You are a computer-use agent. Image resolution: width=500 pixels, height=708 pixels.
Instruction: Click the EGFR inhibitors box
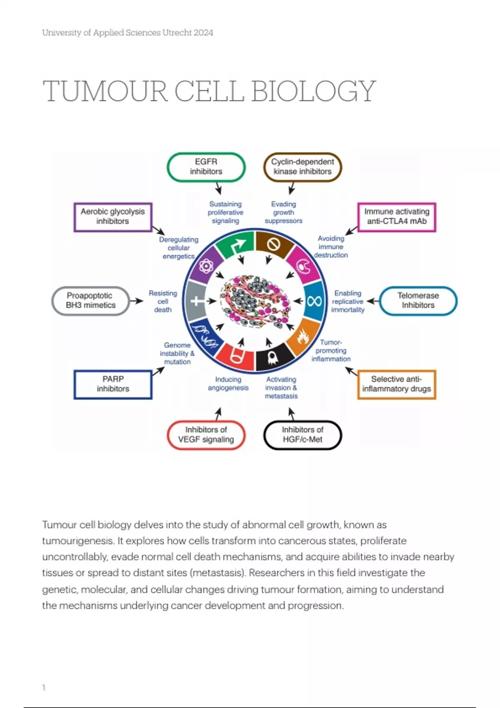tap(206, 167)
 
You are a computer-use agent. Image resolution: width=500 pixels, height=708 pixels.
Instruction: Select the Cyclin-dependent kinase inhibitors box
tap(302, 167)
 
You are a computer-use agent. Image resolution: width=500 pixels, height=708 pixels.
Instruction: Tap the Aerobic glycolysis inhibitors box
tap(112, 217)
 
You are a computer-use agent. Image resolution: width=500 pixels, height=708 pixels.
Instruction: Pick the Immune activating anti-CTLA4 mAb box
tap(397, 217)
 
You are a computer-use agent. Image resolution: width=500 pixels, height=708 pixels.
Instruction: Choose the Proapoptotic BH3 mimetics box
tap(90, 300)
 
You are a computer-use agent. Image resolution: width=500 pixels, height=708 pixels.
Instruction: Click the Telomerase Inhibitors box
tap(418, 300)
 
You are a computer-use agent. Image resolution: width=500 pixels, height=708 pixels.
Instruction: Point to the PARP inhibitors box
tap(113, 384)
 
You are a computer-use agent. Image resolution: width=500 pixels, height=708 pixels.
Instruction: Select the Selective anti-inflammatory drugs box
tap(397, 384)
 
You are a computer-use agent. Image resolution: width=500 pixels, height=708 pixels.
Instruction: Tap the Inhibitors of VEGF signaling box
tap(206, 435)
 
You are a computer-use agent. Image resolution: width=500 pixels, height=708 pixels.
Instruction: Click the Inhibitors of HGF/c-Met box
tap(302, 435)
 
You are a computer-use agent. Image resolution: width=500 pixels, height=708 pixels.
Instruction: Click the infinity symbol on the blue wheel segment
tap(314, 301)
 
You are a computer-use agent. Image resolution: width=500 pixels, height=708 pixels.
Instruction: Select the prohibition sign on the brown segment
tap(273, 244)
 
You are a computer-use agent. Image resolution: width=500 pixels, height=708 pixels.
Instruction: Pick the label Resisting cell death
tap(163, 302)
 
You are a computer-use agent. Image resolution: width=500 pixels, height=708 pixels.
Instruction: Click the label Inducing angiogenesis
tap(228, 384)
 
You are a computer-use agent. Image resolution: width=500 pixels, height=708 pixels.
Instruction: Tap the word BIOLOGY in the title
tap(314, 91)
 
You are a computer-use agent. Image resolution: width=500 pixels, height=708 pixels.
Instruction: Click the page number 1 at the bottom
tap(44, 688)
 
